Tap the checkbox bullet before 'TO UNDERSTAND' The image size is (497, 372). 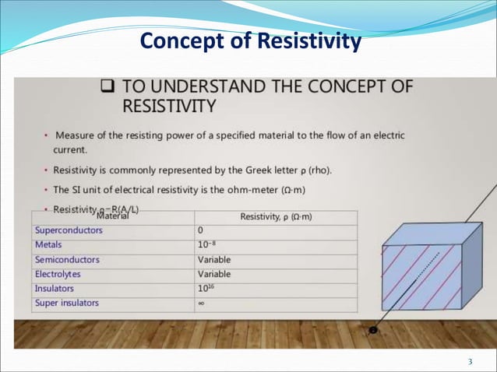click(109, 87)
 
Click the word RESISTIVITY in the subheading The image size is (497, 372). click(169, 104)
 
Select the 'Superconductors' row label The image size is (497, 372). click(68, 231)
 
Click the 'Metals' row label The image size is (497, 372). click(48, 245)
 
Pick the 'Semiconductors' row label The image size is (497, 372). click(67, 260)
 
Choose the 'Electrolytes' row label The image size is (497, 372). click(58, 274)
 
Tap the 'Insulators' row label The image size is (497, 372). click(55, 289)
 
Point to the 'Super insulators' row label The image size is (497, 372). click(67, 303)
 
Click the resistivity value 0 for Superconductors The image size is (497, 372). click(201, 231)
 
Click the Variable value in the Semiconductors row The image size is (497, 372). click(214, 260)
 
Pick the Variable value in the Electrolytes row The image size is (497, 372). click(214, 274)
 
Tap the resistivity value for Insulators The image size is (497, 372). click(206, 289)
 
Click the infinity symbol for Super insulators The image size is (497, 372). click(201, 304)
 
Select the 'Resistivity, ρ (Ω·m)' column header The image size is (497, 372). click(277, 217)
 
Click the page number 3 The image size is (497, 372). click(470, 361)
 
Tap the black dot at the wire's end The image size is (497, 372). click(373, 330)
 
